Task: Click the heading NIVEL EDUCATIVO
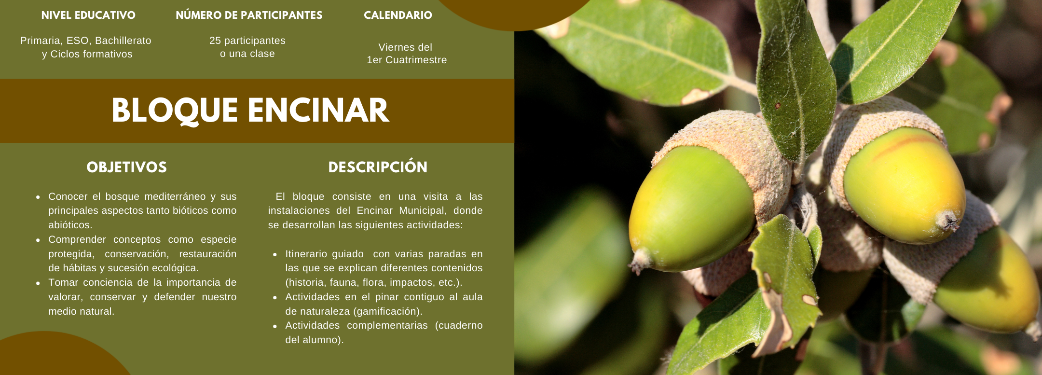pyautogui.click(x=88, y=15)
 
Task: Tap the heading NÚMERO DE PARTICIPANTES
pyautogui.click(x=249, y=15)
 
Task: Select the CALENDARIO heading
pyautogui.click(x=398, y=15)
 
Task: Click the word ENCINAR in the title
pyautogui.click(x=318, y=111)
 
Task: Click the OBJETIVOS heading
pyautogui.click(x=127, y=167)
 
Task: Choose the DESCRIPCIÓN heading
pyautogui.click(x=378, y=167)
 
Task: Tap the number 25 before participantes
pyautogui.click(x=215, y=41)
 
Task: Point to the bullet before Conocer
pyautogui.click(x=38, y=197)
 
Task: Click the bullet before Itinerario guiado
pyautogui.click(x=275, y=254)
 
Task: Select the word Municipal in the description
pyautogui.click(x=423, y=210)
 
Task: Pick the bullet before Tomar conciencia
pyautogui.click(x=38, y=283)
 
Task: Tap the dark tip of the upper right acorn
pyautogui.click(x=947, y=221)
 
